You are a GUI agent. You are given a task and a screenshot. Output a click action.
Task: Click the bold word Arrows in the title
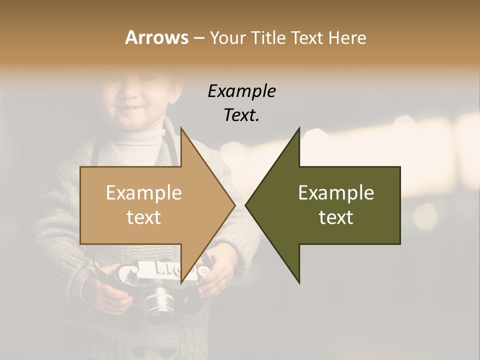click(156, 37)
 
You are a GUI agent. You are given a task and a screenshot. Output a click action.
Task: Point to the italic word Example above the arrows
click(241, 91)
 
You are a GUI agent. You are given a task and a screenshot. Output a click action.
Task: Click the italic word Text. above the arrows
click(241, 115)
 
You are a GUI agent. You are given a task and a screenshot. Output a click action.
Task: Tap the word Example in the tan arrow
click(143, 193)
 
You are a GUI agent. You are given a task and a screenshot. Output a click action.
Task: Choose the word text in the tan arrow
click(143, 217)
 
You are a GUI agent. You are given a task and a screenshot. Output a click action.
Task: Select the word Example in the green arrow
click(336, 193)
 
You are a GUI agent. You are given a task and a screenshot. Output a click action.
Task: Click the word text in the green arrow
click(336, 217)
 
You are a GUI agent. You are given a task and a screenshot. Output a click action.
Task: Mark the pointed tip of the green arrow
click(246, 205)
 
